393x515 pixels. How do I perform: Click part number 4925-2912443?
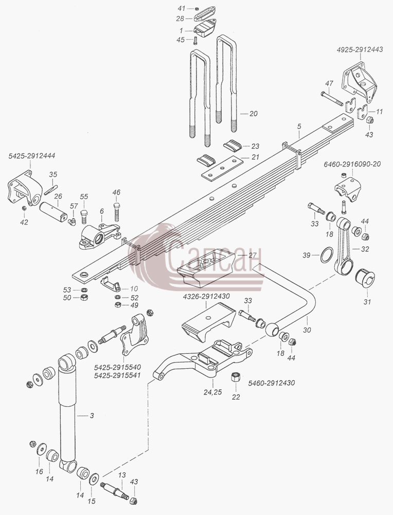coord(360,49)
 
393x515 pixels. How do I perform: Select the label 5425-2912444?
coord(32,156)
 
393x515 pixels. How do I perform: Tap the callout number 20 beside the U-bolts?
coord(253,114)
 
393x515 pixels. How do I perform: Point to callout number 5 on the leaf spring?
coord(299,126)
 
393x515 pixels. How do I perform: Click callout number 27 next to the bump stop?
coord(252,254)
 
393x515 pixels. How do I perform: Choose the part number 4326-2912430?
coord(206,296)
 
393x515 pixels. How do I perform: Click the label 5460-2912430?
coord(271,383)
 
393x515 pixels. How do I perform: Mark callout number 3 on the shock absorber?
coord(92,416)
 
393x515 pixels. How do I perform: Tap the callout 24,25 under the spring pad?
coord(212,392)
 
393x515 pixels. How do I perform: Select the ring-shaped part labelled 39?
coord(327,255)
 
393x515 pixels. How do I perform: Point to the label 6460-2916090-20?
coord(352,164)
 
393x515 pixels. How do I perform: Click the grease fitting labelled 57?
coord(72,222)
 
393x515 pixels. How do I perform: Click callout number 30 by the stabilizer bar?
coord(307,330)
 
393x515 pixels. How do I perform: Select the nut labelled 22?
coord(235,376)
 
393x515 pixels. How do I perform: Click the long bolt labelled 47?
coord(332,98)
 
